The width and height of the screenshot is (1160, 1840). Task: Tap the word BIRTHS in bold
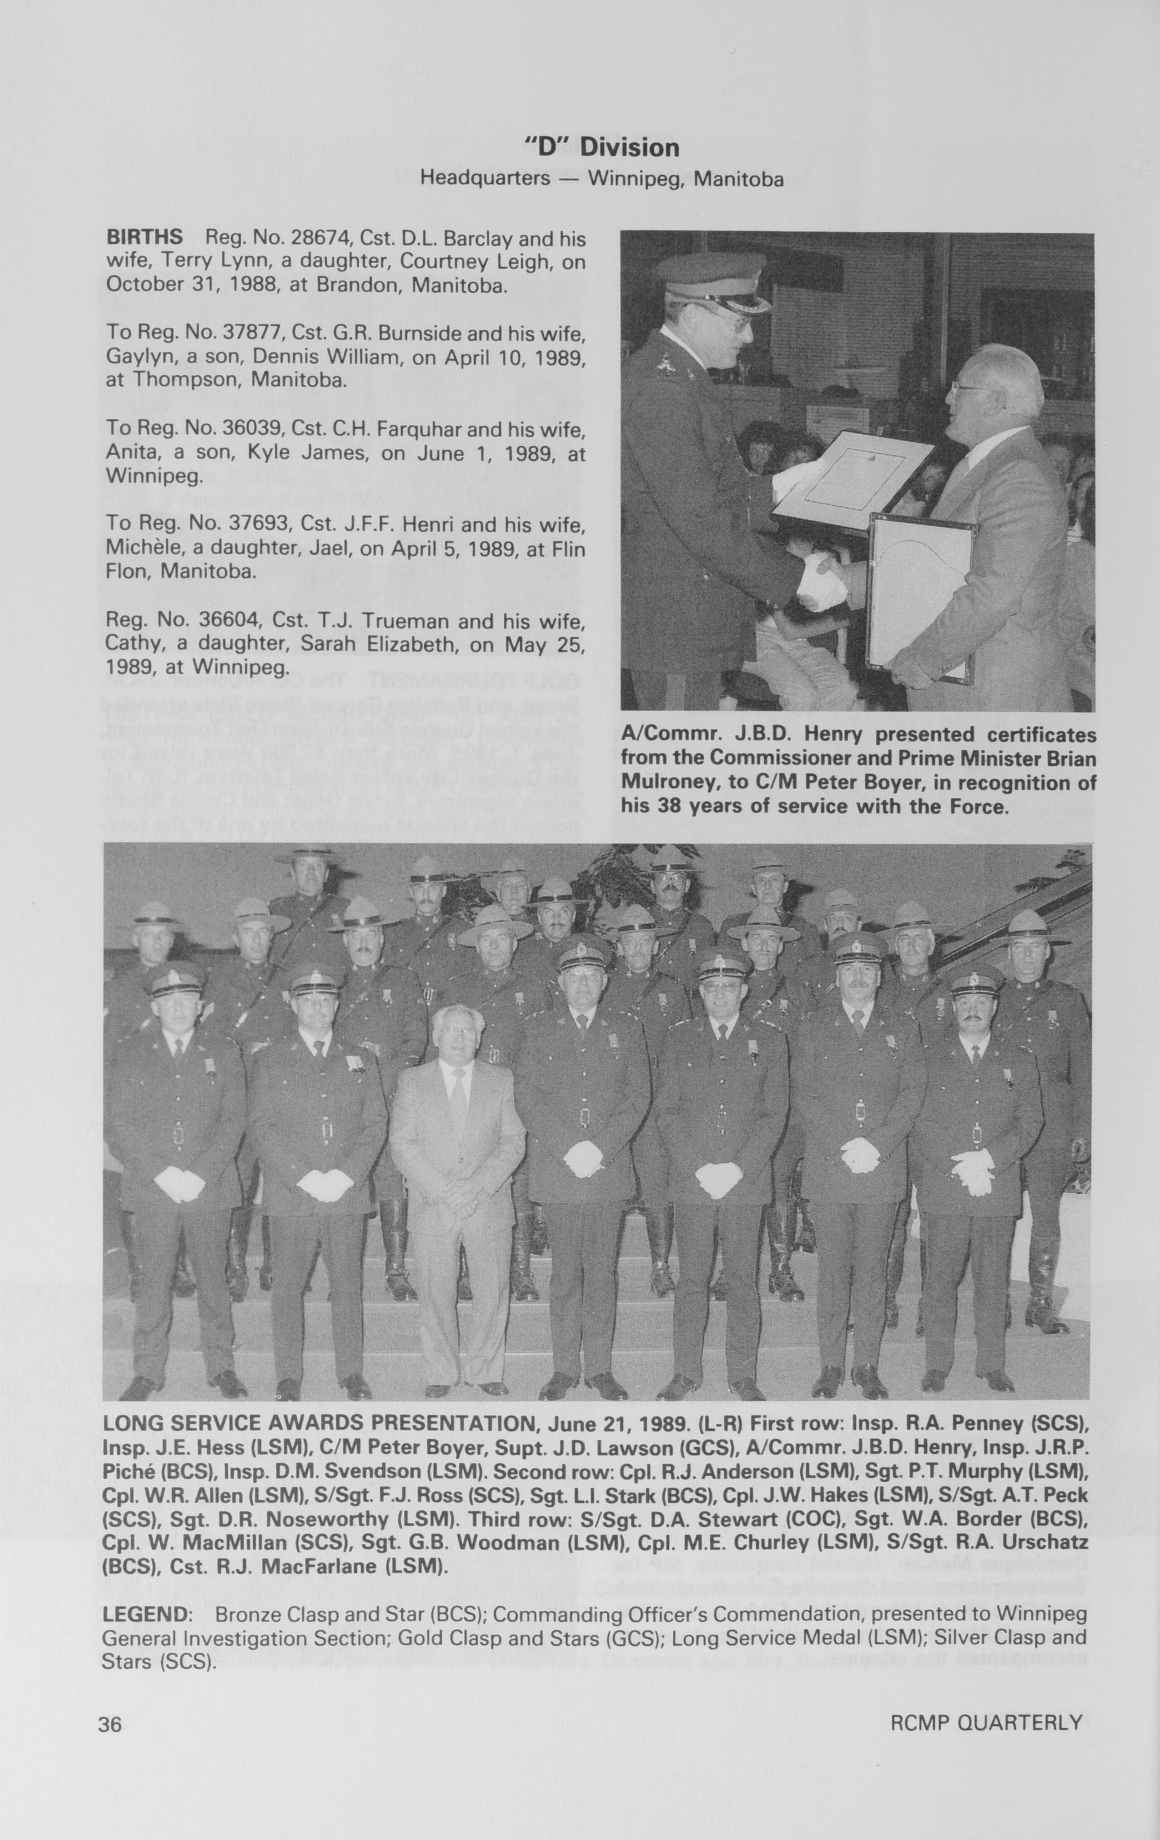coord(144,238)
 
